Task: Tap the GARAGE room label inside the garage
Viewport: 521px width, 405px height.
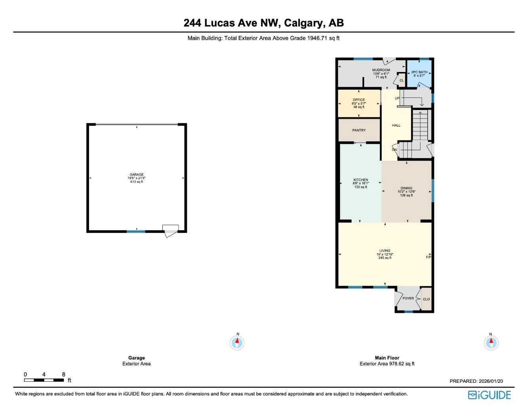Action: point(137,175)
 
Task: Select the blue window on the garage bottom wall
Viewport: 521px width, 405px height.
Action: point(136,231)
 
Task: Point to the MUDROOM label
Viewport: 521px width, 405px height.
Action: point(381,70)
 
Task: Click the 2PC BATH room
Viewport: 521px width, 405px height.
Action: point(419,74)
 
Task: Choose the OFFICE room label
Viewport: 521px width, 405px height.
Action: point(359,100)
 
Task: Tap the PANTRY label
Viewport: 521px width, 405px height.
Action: point(359,130)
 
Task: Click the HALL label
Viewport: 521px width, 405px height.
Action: point(396,125)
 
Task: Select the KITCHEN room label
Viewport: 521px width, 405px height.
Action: point(361,180)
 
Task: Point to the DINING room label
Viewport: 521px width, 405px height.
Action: point(406,188)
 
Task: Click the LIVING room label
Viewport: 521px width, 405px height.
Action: point(385,251)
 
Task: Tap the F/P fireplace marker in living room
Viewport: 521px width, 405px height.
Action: point(428,257)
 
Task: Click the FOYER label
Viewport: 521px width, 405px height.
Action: point(408,298)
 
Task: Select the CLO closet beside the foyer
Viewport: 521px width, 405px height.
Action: point(426,299)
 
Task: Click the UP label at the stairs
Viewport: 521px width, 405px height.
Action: point(397,98)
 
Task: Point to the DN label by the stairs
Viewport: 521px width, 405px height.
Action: point(394,150)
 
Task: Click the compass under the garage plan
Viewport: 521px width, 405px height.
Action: point(237,343)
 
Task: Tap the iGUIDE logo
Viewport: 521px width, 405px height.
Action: point(489,395)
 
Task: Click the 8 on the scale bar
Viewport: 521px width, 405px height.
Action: point(63,375)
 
